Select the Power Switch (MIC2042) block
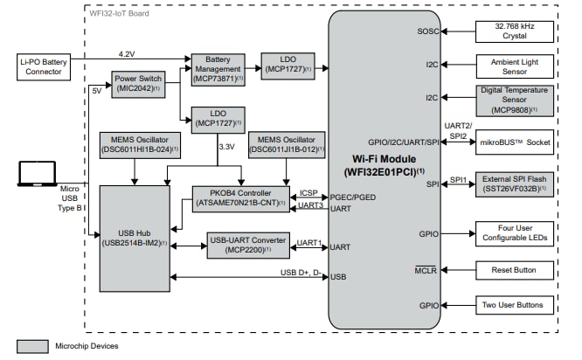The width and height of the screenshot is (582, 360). [x=139, y=83]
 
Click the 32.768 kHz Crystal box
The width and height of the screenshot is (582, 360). [x=513, y=31]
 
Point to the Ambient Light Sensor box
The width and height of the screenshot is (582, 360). [x=513, y=66]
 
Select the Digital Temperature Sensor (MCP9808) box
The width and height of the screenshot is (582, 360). [x=513, y=100]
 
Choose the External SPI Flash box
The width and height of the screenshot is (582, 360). [x=513, y=185]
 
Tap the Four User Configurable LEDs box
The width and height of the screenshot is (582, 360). [x=513, y=233]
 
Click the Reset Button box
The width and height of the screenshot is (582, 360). [x=513, y=270]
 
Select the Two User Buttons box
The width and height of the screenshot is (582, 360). [x=513, y=306]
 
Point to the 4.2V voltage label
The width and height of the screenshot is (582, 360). [x=127, y=54]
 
